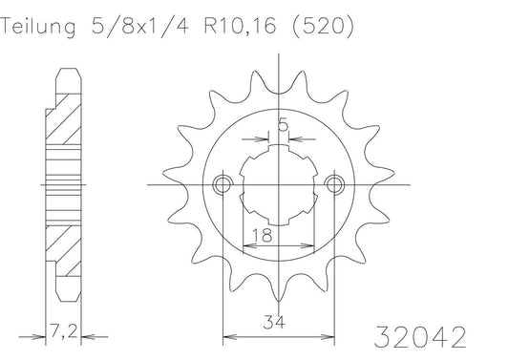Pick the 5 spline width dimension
pos(283,124)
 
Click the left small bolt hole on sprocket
pos(223,182)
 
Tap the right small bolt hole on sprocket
pos(333,182)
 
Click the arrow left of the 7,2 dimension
pos(38,336)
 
